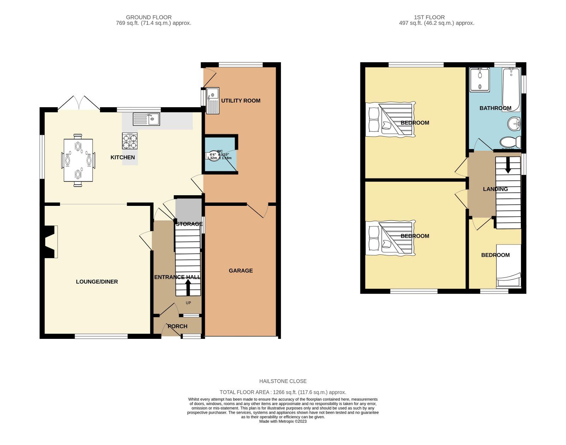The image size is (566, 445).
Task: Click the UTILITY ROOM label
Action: [241, 101]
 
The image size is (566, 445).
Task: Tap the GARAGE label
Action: [241, 271]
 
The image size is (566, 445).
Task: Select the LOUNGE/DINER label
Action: [97, 282]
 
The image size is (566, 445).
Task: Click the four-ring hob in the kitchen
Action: [130, 141]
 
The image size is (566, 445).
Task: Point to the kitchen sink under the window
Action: [146, 119]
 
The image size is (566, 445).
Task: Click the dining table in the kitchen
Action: [78, 160]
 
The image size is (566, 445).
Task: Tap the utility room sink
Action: [213, 100]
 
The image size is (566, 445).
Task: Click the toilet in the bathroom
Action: [510, 142]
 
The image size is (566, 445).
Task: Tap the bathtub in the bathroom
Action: [511, 89]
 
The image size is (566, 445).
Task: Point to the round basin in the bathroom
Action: [514, 124]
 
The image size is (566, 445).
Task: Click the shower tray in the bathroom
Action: [479, 80]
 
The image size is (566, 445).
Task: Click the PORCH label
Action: [177, 326]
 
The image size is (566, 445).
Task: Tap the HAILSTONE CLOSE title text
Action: [283, 381]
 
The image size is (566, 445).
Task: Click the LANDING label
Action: [495, 189]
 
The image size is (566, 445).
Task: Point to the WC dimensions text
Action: [219, 156]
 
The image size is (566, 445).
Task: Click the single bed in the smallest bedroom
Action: [509, 265]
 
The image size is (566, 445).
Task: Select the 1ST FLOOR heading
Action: [429, 17]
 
